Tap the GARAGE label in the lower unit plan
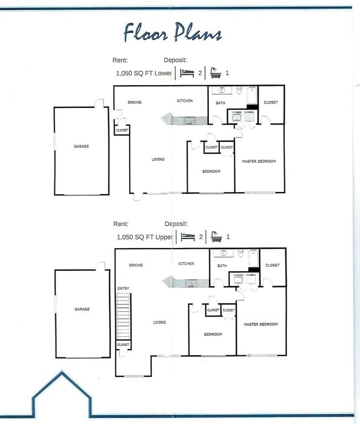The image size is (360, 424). (x=81, y=147)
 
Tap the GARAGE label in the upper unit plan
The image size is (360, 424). (x=82, y=309)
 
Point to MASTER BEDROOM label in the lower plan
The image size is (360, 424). (x=259, y=161)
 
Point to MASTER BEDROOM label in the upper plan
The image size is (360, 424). (x=261, y=324)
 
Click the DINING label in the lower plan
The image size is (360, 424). (x=135, y=102)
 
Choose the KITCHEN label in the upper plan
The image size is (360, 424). (x=186, y=264)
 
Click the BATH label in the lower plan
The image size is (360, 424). (x=220, y=103)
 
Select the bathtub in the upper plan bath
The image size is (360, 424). (x=254, y=258)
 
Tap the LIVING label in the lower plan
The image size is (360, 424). (x=158, y=159)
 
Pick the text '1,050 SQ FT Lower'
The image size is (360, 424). (x=144, y=73)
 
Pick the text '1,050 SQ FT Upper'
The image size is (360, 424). (x=145, y=237)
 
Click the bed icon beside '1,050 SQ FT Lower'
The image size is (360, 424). (x=188, y=73)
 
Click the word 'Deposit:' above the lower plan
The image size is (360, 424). (x=175, y=60)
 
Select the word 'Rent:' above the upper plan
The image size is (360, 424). (x=121, y=224)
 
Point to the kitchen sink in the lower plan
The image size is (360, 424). (x=189, y=120)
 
